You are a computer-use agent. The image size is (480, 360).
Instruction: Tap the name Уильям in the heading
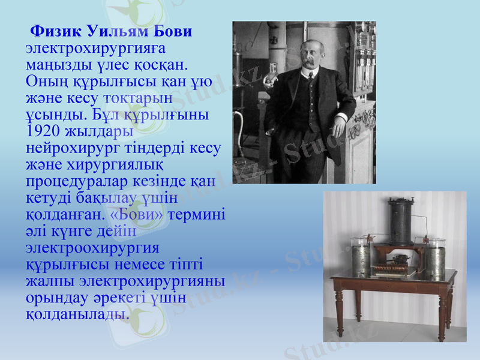[x=117, y=31]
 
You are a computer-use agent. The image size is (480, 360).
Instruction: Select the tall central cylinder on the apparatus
[x=400, y=219]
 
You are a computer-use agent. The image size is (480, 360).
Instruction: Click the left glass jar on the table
[x=362, y=258]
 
